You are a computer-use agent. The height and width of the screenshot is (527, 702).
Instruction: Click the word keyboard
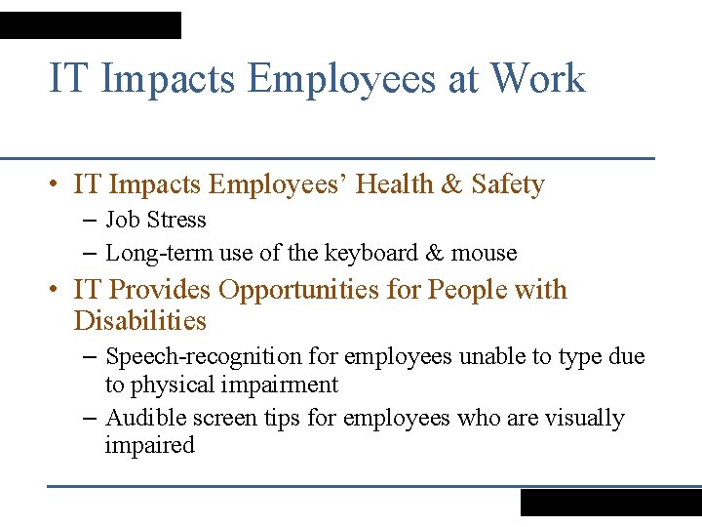pyautogui.click(x=370, y=253)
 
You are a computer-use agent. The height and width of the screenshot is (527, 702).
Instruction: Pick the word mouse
pyautogui.click(x=485, y=253)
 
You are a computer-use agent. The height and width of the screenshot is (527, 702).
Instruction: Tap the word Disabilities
pyautogui.click(x=139, y=320)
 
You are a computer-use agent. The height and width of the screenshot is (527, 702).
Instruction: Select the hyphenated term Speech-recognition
pyautogui.click(x=191, y=357)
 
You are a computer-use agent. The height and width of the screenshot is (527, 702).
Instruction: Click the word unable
pyautogui.click(x=487, y=357)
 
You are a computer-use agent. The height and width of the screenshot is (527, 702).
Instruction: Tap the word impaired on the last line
pyautogui.click(x=149, y=445)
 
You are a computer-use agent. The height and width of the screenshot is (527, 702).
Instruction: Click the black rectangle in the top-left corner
pyautogui.click(x=90, y=25)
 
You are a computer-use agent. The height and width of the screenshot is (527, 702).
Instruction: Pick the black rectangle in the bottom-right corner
pyautogui.click(x=610, y=502)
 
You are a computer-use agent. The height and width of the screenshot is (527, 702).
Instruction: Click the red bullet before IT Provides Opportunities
pyautogui.click(x=58, y=290)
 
